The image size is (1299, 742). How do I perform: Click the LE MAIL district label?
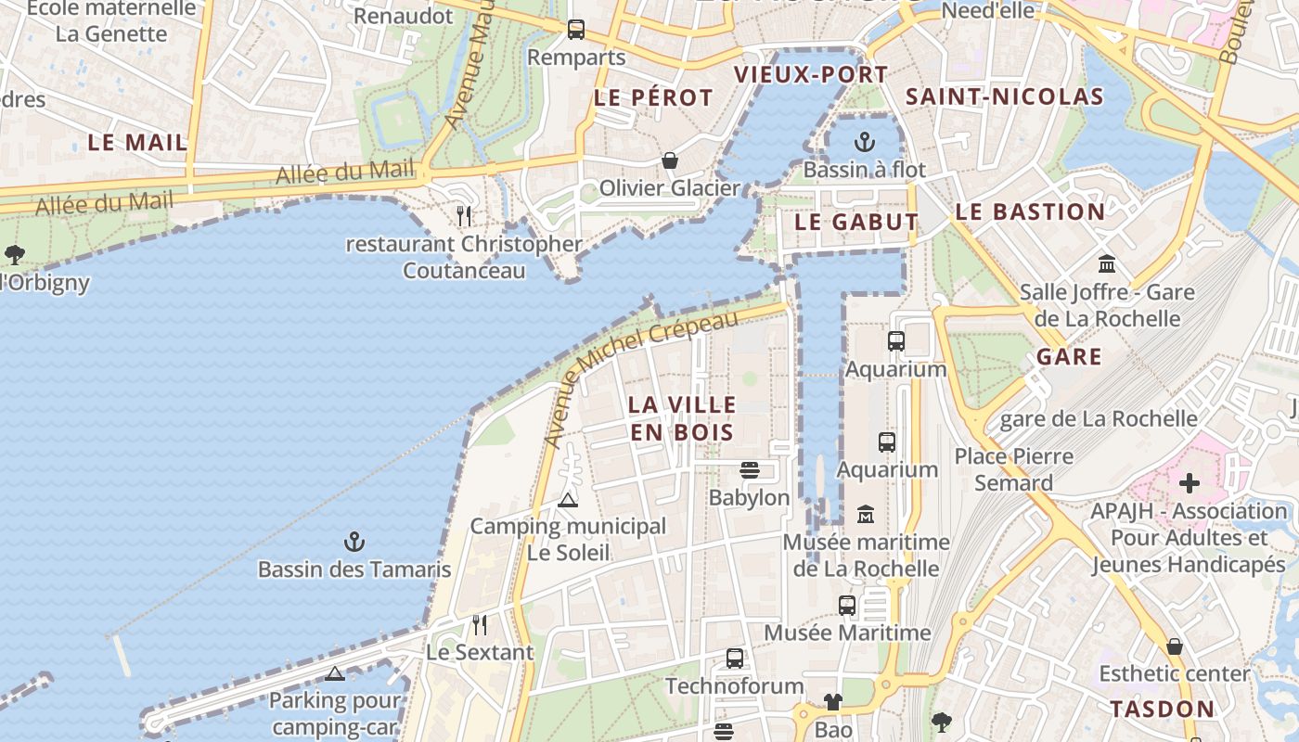coord(137,143)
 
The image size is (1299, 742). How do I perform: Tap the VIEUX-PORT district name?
coord(811,75)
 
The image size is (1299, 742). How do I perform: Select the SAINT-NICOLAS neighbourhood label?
coord(1004,96)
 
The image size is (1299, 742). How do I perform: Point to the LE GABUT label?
coord(855,223)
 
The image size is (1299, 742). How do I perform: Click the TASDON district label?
coord(1162,710)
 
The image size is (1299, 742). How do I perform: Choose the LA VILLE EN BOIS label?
coord(682,418)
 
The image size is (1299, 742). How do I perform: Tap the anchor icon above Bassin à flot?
coord(864,142)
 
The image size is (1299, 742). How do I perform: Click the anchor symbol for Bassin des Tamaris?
coord(354,542)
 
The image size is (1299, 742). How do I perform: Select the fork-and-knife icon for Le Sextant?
coord(479,625)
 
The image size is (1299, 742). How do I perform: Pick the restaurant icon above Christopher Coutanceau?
coord(464,216)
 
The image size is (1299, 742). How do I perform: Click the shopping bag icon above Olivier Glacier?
coord(669,161)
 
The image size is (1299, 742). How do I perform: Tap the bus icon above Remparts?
coord(576,30)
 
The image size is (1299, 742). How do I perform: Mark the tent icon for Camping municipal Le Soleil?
coord(568,500)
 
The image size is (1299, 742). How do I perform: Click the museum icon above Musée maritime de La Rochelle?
coord(866,514)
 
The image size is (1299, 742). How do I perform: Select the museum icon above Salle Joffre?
coord(1106,263)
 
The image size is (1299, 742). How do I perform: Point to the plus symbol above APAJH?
coord(1189,483)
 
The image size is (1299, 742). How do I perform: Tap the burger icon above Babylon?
coord(750,470)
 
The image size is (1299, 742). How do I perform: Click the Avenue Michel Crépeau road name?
coord(640,376)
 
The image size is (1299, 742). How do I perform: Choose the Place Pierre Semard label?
coord(1014,469)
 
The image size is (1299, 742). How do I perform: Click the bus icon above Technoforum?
coord(735,659)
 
